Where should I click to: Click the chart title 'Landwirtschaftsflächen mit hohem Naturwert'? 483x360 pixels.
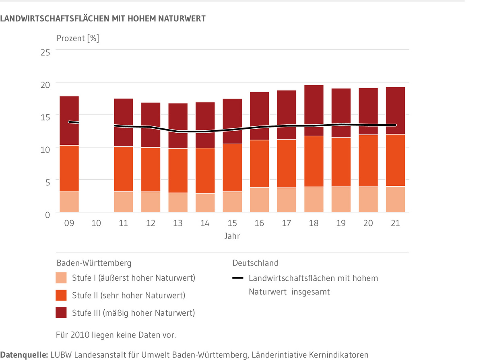coord(103,19)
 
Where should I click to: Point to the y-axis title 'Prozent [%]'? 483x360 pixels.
coord(78,39)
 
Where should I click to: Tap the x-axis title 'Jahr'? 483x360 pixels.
coord(232,236)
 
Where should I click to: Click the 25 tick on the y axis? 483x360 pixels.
coord(45,52)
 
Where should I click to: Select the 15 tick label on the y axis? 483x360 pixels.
coord(45,117)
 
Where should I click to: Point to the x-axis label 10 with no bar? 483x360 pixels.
coord(96,223)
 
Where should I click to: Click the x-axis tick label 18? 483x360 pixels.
coord(314,223)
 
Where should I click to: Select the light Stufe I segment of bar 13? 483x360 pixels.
coord(178,202)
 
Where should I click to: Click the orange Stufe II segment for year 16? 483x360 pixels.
coord(259,164)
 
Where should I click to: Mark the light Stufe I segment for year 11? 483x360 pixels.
coord(123,202)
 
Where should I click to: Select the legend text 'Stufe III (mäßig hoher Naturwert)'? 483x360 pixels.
coord(133,313)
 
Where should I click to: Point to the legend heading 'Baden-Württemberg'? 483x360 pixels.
coord(94,263)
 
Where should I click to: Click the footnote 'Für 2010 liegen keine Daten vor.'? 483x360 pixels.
coord(116,335)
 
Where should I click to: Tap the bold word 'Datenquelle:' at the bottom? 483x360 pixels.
coord(24,355)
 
